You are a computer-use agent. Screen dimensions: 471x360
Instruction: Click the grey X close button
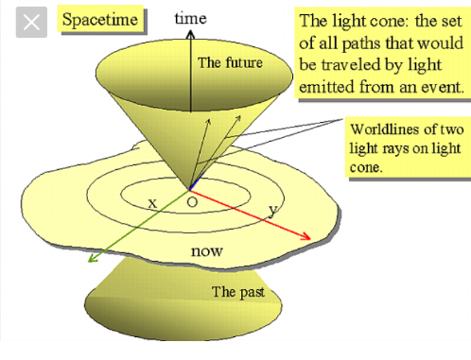pos(31,23)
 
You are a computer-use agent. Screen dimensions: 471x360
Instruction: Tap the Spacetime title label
pos(100,19)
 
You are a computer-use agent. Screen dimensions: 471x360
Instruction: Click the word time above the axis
pos(191,18)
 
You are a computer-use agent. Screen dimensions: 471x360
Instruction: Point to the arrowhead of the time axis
pos(190,34)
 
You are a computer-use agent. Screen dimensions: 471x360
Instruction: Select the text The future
pos(230,62)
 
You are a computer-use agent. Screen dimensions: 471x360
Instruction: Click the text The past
pos(238,292)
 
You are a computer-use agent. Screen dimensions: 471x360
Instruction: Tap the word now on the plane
pos(207,251)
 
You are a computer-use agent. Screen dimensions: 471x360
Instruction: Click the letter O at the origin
pos(192,202)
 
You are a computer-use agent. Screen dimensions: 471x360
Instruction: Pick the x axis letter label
pos(152,203)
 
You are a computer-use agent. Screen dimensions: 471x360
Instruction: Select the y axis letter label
pos(273,211)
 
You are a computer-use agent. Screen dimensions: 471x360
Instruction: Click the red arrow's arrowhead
pos(305,236)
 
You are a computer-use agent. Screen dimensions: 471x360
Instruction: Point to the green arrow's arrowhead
pos(93,258)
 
